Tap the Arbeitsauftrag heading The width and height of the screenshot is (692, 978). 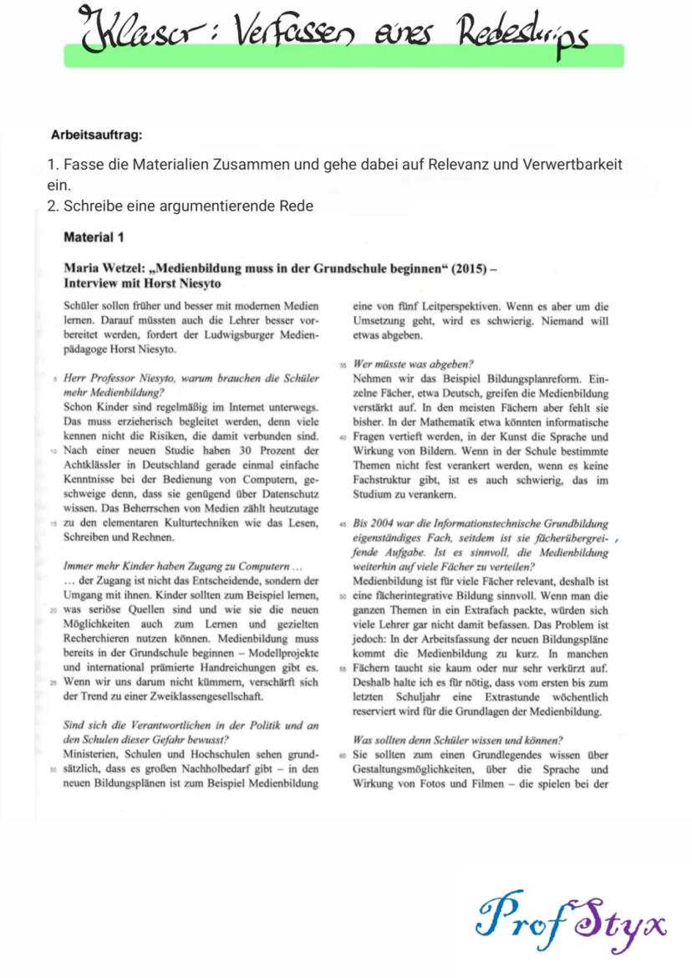96,134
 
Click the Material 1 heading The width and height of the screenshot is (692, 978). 94,237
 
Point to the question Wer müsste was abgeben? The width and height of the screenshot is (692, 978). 414,364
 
